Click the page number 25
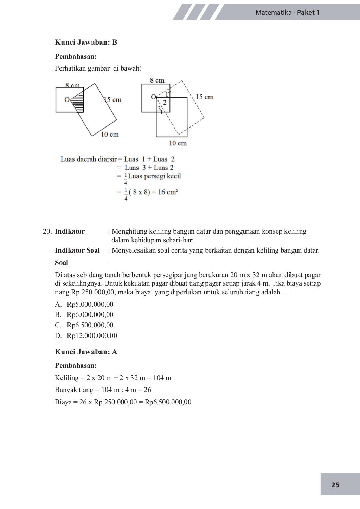point(335,485)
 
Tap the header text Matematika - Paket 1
point(287,13)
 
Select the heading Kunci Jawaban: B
point(86,43)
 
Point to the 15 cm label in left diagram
point(113,100)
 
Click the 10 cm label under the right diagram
point(178,143)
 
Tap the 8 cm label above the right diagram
point(157,80)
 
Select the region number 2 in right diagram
point(164,103)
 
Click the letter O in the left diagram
point(66,99)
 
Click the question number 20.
point(47,231)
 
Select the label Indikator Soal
point(77,250)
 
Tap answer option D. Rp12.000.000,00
point(86,335)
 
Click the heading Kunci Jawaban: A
point(86,352)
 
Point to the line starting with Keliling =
point(113,378)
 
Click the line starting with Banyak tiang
point(103,390)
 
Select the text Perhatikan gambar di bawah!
point(98,68)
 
